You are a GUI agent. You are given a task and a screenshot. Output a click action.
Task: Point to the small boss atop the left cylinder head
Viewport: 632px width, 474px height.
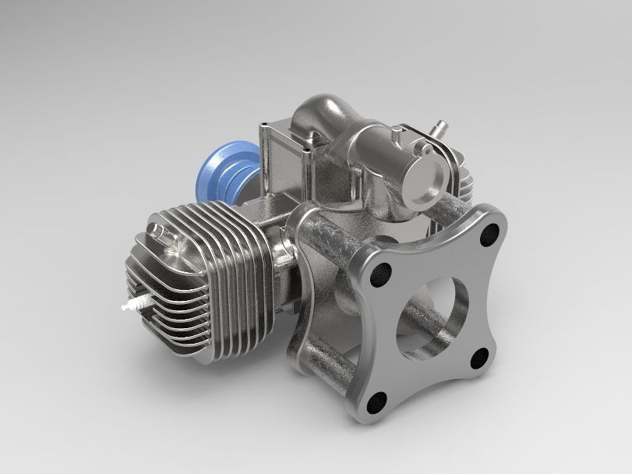click(158, 232)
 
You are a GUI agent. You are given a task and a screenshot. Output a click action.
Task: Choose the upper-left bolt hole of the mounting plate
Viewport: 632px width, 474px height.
click(381, 272)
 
